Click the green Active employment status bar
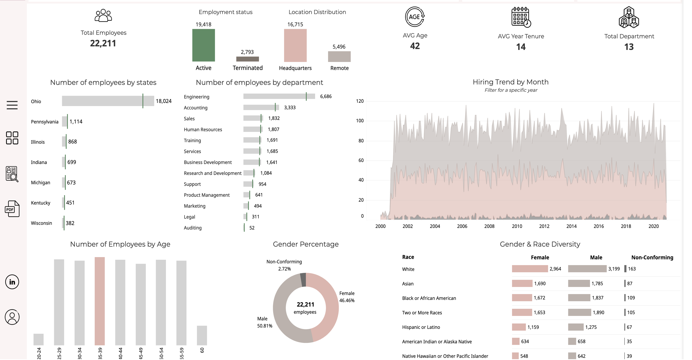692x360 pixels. pos(203,45)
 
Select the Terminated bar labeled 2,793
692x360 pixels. pos(247,59)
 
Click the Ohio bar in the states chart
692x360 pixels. pos(108,101)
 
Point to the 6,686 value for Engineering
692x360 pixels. pos(326,96)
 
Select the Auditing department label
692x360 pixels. pos(192,228)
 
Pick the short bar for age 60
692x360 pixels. pos(202,335)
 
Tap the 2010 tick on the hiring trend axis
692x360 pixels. pos(517,226)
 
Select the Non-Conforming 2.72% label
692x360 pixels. pos(284,265)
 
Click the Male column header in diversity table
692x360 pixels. pos(596,257)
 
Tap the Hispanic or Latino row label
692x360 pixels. pos(421,327)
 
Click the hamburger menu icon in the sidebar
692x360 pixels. pos(12,105)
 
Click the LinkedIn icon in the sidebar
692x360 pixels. pos(12,282)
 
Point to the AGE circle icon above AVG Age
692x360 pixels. pos(415,17)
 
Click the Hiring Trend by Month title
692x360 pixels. pos(510,82)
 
